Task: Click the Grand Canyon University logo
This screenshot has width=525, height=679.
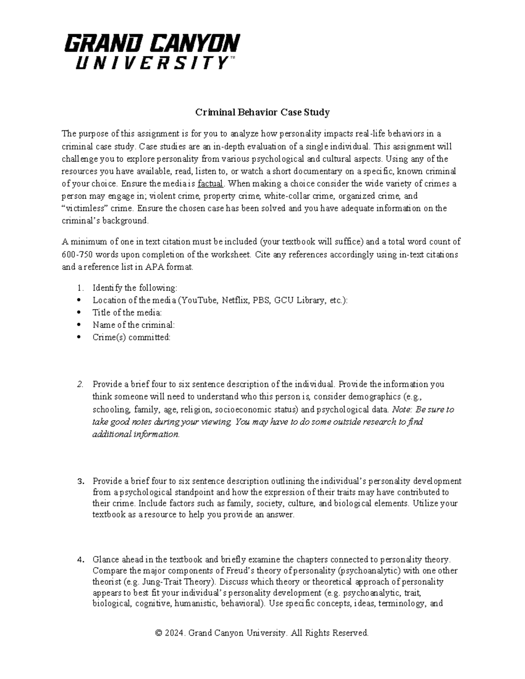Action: [152, 52]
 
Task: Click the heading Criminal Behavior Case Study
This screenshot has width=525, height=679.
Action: [262, 112]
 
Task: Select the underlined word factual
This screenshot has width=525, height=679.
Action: [210, 184]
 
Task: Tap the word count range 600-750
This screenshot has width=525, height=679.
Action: [77, 254]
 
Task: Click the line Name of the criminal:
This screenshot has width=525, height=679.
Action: [133, 325]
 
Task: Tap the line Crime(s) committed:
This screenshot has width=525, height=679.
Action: [131, 337]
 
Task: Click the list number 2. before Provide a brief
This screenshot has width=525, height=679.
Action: [80, 384]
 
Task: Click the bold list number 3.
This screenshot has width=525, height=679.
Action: [80, 481]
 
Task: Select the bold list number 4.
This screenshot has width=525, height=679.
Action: [80, 559]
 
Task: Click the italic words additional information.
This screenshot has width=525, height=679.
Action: [136, 434]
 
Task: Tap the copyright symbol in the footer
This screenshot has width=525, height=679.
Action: [159, 633]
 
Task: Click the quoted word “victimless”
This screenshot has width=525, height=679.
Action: [83, 208]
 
